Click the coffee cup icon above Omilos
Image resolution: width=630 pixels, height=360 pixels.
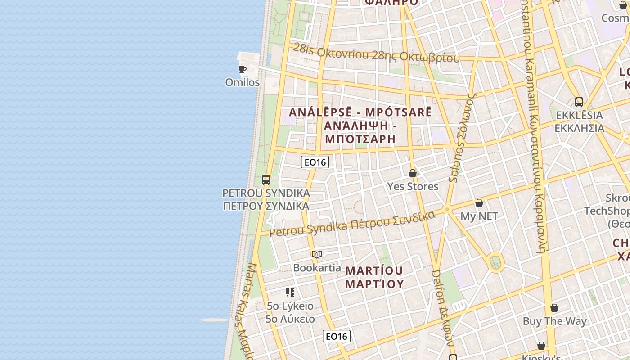click(243, 69)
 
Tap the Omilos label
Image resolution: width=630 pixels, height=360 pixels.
click(243, 82)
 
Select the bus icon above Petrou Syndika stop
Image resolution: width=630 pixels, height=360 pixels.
click(266, 180)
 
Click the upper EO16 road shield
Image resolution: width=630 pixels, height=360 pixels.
click(315, 162)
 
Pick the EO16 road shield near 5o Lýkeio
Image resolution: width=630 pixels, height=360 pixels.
click(337, 336)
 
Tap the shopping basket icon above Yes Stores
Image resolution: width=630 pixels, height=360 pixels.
click(413, 173)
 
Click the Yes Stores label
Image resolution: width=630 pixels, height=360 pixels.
click(413, 186)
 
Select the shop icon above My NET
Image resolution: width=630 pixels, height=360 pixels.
click(479, 203)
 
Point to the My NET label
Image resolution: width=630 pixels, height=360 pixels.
click(479, 216)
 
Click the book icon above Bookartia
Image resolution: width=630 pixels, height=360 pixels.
click(317, 254)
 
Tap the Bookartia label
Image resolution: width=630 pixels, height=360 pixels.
click(317, 268)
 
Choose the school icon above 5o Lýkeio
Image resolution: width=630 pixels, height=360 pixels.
click(290, 292)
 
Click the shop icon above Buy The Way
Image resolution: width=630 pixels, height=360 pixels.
click(554, 308)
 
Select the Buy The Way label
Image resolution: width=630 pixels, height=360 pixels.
click(554, 321)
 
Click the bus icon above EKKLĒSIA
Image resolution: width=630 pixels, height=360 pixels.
click(579, 102)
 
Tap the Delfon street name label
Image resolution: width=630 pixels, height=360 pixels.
click(442, 308)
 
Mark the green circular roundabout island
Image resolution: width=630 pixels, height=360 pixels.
click(495, 261)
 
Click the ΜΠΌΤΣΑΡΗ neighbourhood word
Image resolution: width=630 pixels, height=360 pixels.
click(360, 139)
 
